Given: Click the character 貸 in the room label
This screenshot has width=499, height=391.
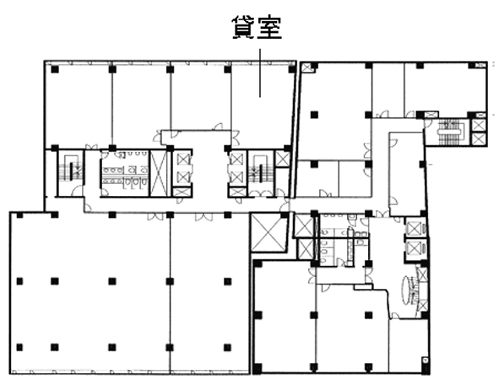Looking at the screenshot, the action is [244, 27].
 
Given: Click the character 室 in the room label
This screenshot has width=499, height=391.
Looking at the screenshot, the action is [270, 27].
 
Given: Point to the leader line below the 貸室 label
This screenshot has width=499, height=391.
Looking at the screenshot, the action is [260, 73].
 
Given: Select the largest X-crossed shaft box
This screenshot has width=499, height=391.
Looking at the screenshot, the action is [269, 232].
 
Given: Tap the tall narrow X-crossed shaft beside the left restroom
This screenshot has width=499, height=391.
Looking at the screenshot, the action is [158, 173].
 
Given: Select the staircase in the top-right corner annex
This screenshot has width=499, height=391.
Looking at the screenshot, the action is [449, 131].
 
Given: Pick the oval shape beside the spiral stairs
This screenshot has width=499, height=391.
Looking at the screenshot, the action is [408, 290].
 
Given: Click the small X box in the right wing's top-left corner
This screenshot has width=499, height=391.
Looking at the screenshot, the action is [307, 68].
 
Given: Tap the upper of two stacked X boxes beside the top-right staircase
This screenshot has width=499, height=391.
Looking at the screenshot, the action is [479, 125].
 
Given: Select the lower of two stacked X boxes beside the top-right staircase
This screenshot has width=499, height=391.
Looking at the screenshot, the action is [479, 138].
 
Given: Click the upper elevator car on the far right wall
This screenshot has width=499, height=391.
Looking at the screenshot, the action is [415, 229].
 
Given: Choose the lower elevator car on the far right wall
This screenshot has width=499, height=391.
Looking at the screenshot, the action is [415, 247].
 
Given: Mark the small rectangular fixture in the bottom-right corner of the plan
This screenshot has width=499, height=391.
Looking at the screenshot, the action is [426, 361].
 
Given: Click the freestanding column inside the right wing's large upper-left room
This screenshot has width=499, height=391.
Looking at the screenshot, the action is [314, 115].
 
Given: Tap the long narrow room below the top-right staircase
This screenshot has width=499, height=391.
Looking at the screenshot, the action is [407, 174].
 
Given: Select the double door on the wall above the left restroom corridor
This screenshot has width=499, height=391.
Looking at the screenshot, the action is [92, 147].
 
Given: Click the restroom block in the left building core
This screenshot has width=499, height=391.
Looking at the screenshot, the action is [125, 173].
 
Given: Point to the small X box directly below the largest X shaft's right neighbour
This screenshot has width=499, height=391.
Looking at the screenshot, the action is [305, 248].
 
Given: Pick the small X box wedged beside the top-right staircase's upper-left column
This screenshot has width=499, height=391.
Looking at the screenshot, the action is [431, 115].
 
